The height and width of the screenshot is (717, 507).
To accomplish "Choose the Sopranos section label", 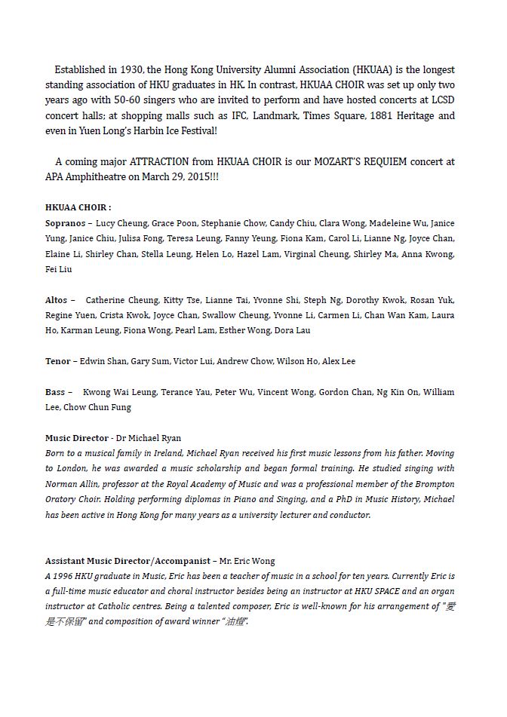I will pyautogui.click(x=66, y=223).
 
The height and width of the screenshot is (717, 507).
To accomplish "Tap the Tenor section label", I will pyautogui.click(x=59, y=361).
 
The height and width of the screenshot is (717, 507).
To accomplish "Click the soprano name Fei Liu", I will pyautogui.click(x=59, y=269).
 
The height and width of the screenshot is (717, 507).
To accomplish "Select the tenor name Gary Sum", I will pyautogui.click(x=150, y=361).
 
